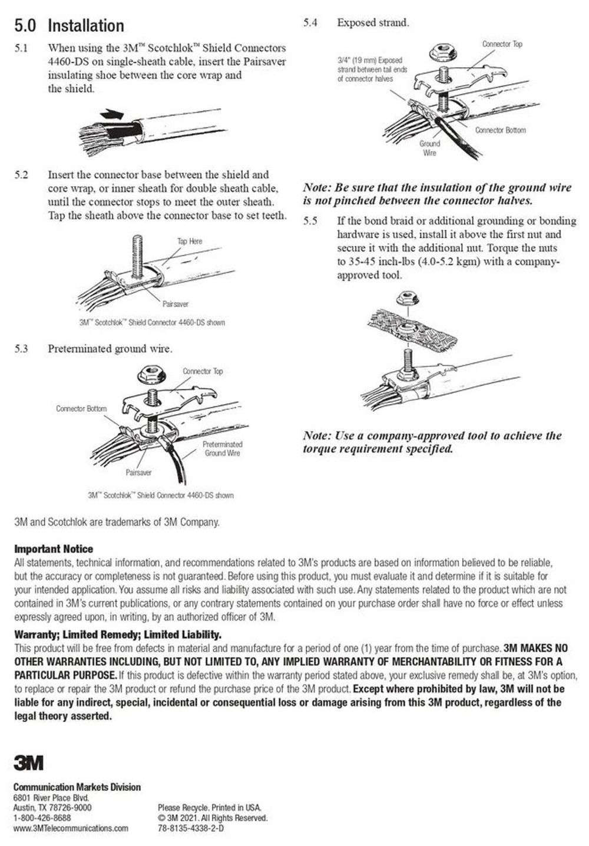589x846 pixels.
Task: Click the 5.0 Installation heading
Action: point(69,26)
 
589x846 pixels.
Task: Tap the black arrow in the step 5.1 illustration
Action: point(112,114)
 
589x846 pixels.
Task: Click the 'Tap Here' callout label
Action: point(190,242)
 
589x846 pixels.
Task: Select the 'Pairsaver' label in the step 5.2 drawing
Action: point(175,304)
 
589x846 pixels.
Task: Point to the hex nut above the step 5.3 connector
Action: point(151,374)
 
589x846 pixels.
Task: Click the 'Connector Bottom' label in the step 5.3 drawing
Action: point(81,409)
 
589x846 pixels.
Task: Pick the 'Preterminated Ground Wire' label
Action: point(223,449)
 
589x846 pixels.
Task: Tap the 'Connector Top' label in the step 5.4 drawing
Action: point(502,44)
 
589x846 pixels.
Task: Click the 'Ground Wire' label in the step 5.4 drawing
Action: point(429,148)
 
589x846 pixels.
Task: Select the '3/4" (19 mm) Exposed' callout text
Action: point(370,60)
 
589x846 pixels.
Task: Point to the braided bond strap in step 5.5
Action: point(412,328)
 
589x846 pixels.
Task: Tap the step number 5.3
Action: point(21,348)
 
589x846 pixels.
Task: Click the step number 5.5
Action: point(310,221)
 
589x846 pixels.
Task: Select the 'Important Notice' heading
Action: point(54,548)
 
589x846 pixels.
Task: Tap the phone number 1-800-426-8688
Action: point(42,818)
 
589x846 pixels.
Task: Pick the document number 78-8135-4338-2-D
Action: point(191,828)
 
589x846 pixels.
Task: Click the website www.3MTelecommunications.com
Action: point(71,828)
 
